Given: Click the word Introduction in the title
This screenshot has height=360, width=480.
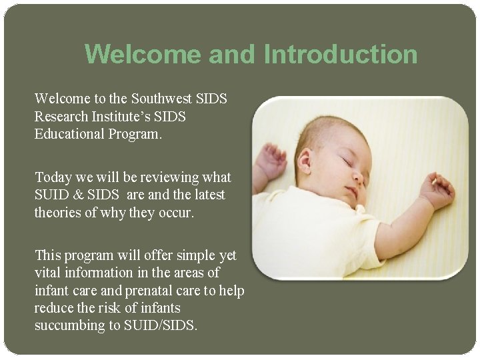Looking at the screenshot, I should point(341,54).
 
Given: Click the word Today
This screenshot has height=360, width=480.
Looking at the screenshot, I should point(53,177).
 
